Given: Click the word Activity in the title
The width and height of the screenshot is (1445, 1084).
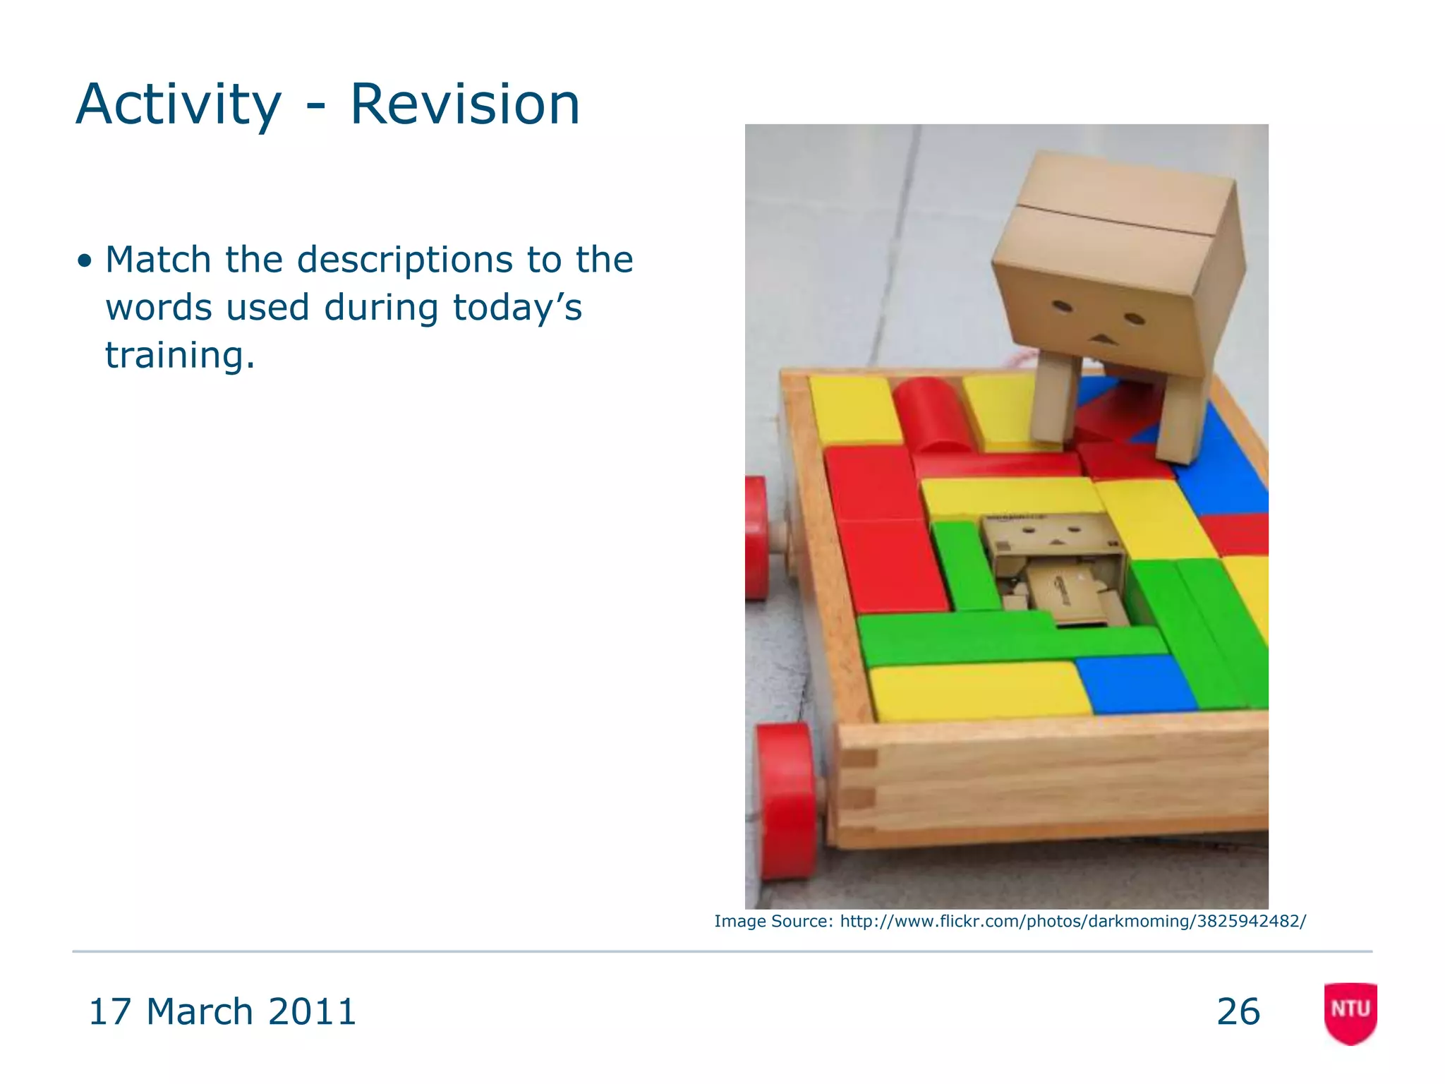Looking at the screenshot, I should [x=178, y=104].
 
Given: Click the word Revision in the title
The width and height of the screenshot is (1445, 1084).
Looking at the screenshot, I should [x=464, y=104].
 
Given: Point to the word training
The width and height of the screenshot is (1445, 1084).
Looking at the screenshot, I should [x=179, y=355].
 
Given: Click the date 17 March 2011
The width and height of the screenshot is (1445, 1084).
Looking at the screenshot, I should [x=222, y=1011].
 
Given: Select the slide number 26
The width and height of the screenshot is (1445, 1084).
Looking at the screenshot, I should [x=1238, y=1011].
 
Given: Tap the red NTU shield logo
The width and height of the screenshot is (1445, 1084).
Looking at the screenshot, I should [x=1350, y=1012].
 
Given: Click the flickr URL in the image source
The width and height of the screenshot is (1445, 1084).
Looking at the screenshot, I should [x=1072, y=921].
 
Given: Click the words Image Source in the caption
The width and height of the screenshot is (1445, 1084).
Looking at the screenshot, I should [x=773, y=921].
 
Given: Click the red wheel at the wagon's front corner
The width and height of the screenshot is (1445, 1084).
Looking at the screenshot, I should [x=787, y=801].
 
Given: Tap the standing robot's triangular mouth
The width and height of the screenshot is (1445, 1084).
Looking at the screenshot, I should [x=1102, y=339].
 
